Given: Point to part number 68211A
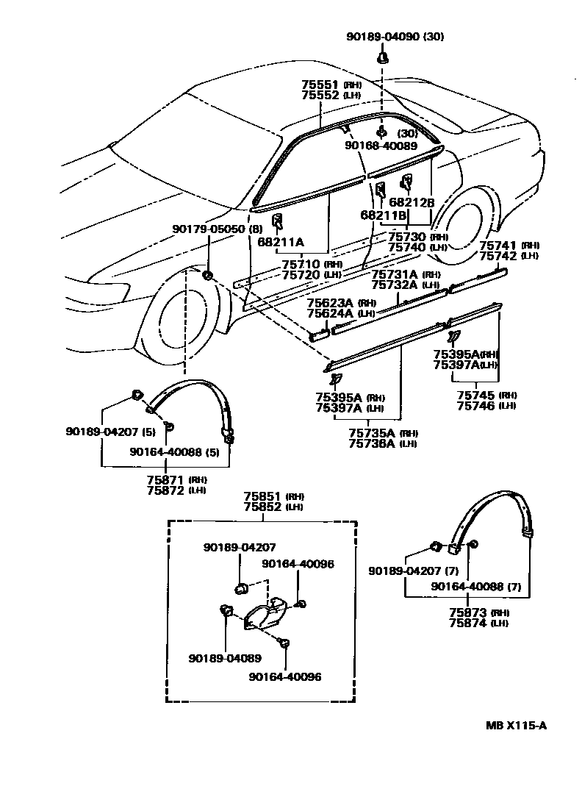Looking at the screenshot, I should click(x=279, y=241).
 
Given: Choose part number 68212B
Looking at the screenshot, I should click(x=412, y=202).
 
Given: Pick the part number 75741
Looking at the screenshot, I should click(x=498, y=246).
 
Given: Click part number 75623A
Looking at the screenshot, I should click(x=330, y=302).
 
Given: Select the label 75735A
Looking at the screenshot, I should click(x=373, y=433).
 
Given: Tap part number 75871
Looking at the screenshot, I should click(x=165, y=479).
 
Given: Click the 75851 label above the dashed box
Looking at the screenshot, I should click(x=262, y=496).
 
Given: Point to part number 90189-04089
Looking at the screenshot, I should click(x=224, y=658).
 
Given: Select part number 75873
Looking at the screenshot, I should click(x=467, y=612).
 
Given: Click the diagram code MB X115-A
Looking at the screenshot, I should click(x=516, y=726).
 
